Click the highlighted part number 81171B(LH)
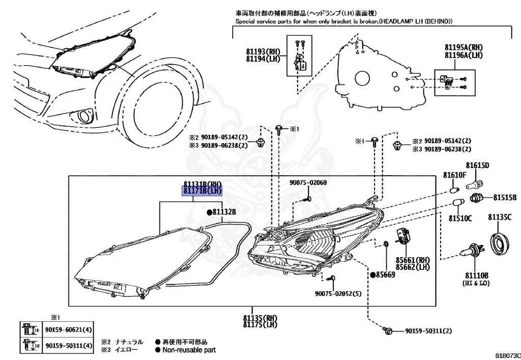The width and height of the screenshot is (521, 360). [x=201, y=191]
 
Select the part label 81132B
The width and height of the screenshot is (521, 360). [x=224, y=212]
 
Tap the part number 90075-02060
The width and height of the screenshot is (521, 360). [x=308, y=182]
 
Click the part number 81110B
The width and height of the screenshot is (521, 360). [x=477, y=275]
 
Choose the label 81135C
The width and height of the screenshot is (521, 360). [x=500, y=217]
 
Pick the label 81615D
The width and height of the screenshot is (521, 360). [x=477, y=165]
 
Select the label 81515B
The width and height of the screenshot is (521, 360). [x=505, y=198]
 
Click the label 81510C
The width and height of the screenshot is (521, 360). [x=460, y=218]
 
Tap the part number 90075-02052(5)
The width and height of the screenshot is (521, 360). [x=338, y=294]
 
